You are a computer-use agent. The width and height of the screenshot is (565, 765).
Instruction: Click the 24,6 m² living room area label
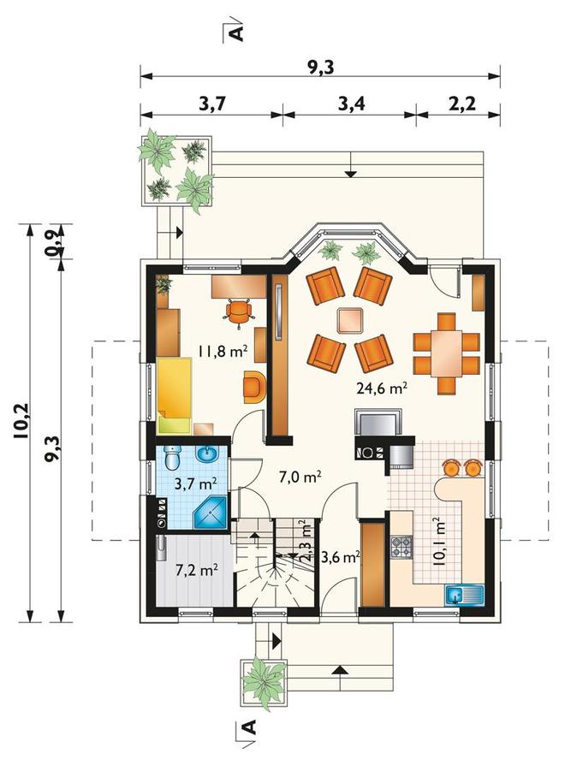click(382, 388)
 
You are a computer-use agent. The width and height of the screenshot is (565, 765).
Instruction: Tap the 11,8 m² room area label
click(223, 350)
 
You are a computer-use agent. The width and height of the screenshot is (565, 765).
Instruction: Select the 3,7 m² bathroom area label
click(196, 483)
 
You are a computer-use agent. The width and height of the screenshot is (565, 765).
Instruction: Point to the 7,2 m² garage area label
click(197, 569)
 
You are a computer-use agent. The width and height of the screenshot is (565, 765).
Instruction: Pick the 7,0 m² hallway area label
click(300, 476)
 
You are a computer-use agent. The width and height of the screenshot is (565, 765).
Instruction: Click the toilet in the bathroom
click(172, 458)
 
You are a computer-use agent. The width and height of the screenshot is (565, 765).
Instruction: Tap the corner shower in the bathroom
click(211, 513)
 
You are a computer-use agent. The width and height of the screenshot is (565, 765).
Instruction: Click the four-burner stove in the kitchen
click(401, 547)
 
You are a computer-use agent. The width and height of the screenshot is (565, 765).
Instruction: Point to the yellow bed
click(174, 395)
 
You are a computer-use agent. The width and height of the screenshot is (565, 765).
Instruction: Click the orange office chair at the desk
click(239, 311)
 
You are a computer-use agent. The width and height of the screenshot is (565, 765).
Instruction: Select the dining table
click(447, 353)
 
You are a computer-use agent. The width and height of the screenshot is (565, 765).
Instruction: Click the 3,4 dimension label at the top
click(351, 104)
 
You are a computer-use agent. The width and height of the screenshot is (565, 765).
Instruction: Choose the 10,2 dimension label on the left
click(22, 421)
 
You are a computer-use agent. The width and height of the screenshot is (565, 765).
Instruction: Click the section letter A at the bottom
click(248, 727)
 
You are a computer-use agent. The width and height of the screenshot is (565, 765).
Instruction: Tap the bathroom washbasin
click(207, 454)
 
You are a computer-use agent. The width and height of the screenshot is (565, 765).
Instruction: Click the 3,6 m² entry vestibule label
click(341, 557)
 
